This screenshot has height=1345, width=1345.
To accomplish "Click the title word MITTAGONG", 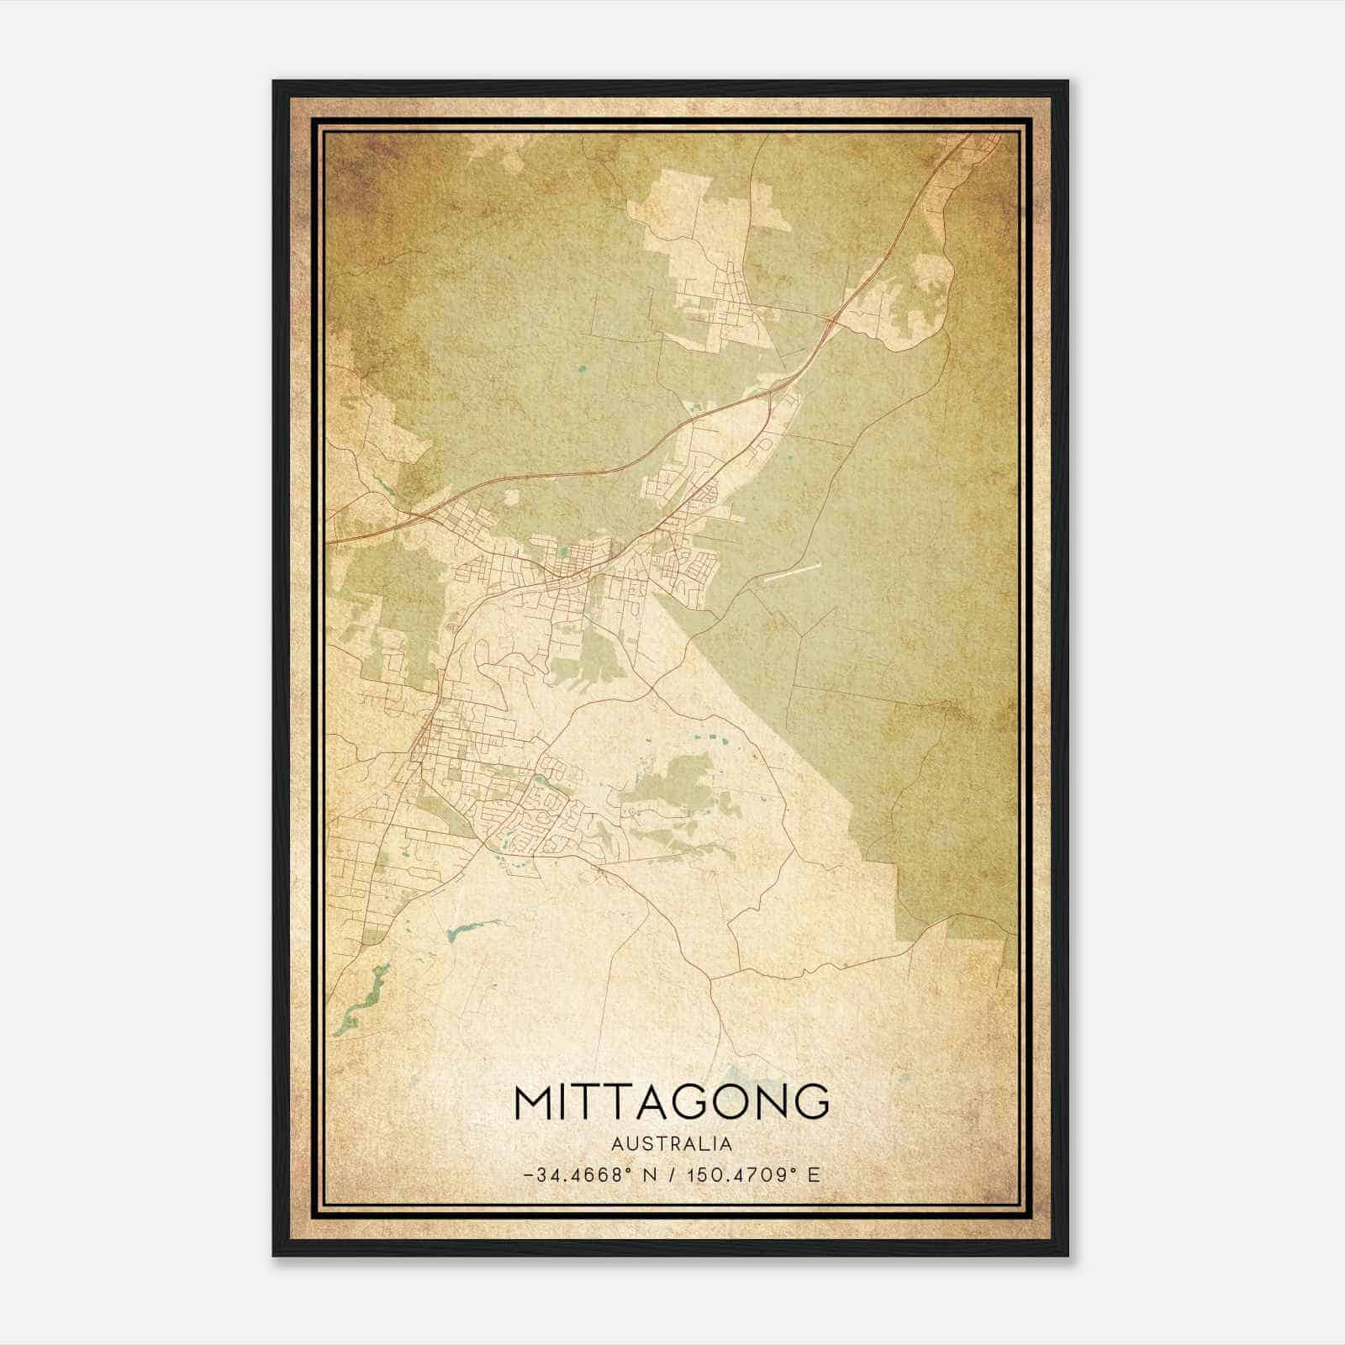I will (672, 1102).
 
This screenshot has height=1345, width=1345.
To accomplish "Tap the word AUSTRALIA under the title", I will (672, 1144).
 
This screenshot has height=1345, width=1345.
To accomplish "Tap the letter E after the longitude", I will (813, 1174).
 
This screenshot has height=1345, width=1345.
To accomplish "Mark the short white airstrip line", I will (791, 572).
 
